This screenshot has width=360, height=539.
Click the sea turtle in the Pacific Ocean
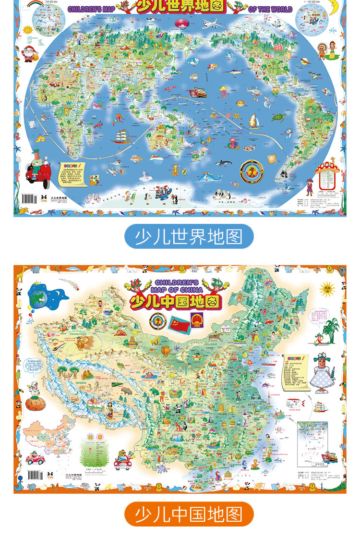pos(277,116)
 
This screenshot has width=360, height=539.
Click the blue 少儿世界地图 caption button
pos(189,236)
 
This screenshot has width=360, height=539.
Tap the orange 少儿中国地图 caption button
pos(189,514)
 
